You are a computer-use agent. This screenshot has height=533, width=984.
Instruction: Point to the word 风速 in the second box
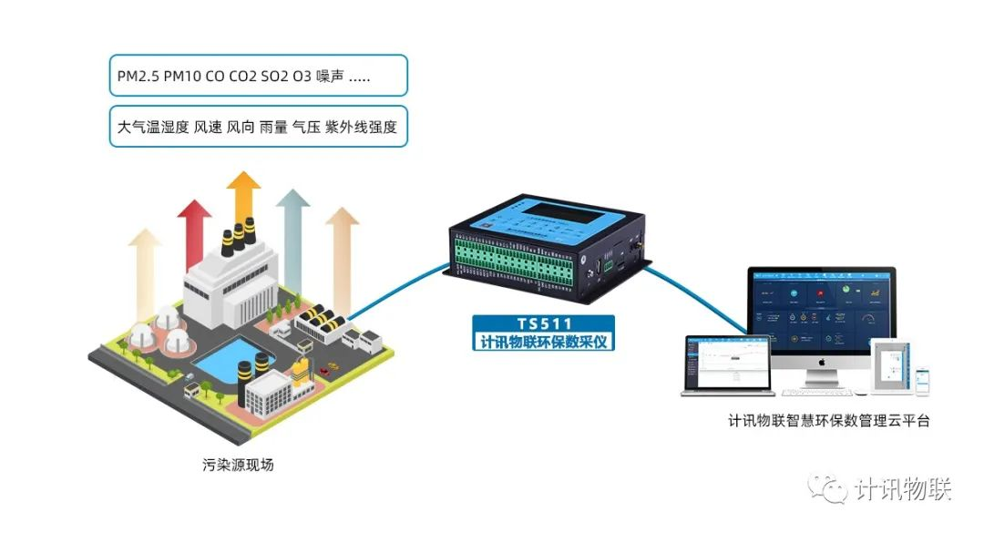tap(210, 128)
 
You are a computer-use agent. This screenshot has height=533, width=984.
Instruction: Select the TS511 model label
tap(544, 324)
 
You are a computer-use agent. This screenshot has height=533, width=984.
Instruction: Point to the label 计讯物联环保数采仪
tap(544, 343)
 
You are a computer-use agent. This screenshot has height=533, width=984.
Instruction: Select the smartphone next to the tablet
tap(923, 381)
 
